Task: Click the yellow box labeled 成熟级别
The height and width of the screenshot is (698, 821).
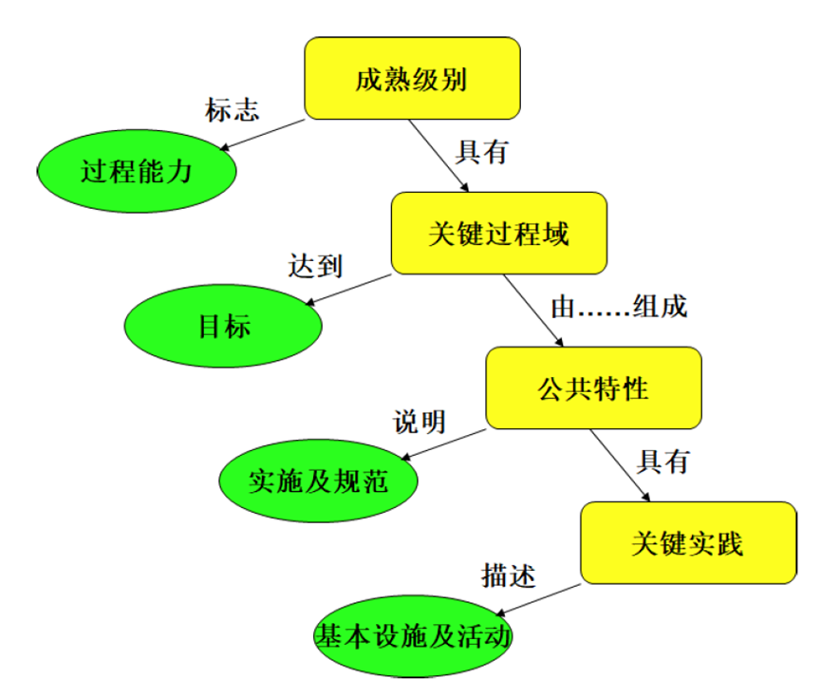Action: click(411, 79)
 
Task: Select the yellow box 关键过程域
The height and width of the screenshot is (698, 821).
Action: click(498, 234)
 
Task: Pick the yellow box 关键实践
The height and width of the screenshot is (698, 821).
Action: click(687, 542)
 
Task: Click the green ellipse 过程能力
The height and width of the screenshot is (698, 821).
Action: click(137, 172)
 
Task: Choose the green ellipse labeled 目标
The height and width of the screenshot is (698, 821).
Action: click(224, 326)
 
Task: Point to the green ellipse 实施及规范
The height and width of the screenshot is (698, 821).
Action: click(318, 481)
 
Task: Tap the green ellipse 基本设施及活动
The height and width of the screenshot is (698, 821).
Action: click(413, 635)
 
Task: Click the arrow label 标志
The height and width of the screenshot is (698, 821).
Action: click(232, 109)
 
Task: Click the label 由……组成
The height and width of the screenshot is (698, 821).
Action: click(618, 309)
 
